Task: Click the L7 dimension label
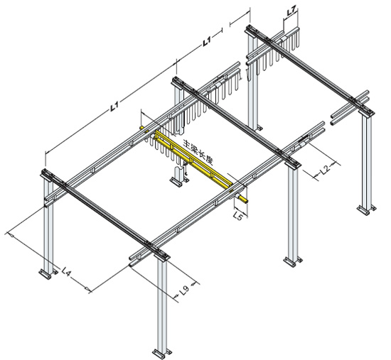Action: pyautogui.click(x=291, y=11)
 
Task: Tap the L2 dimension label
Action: pyautogui.click(x=326, y=169)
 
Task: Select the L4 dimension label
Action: pyautogui.click(x=67, y=271)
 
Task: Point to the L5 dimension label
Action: pyautogui.click(x=238, y=215)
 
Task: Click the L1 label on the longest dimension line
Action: pyautogui.click(x=114, y=106)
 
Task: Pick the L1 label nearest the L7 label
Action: pyautogui.click(x=208, y=41)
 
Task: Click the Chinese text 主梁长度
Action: pyautogui.click(x=199, y=152)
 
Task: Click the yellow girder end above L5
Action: pyautogui.click(x=242, y=200)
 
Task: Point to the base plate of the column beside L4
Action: pyautogui.click(x=48, y=273)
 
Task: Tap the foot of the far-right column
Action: pyautogui.click(x=366, y=209)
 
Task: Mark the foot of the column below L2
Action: pyautogui.click(x=293, y=261)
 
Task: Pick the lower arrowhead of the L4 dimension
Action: pyautogui.click(x=87, y=289)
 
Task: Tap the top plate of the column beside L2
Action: pyautogui.click(x=292, y=163)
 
